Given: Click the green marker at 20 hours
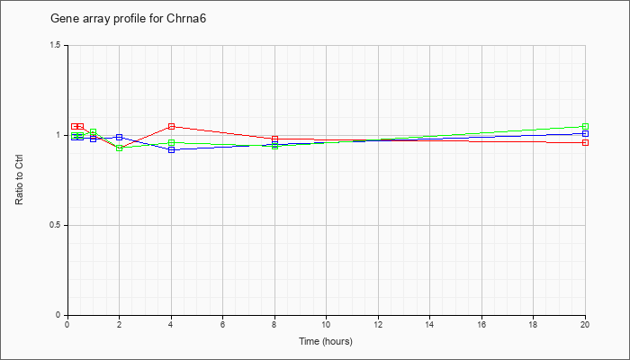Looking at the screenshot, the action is pyautogui.click(x=585, y=127).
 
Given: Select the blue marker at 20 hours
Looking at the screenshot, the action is pyautogui.click(x=585, y=134).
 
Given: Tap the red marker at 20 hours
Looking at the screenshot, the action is pyautogui.click(x=585, y=142).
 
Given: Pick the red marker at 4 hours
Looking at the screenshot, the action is pyautogui.click(x=172, y=127).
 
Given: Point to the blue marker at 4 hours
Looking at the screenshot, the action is pyautogui.click(x=172, y=150).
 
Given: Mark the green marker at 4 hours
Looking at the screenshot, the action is pyautogui.click(x=172, y=142).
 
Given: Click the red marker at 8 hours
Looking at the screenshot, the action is pyautogui.click(x=274, y=139).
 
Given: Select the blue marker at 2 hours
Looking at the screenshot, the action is pyautogui.click(x=120, y=138).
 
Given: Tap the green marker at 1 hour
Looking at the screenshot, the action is pyautogui.click(x=94, y=131).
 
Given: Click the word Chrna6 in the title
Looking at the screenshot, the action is pyautogui.click(x=186, y=19).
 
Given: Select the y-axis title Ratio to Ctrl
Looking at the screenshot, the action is pyautogui.click(x=19, y=180).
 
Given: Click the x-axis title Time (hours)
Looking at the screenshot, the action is pyautogui.click(x=326, y=341).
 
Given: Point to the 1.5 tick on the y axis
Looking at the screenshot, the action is pyautogui.click(x=67, y=45).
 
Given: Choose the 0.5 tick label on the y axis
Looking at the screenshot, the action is pyautogui.click(x=55, y=225).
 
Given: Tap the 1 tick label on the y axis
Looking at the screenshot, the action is pyautogui.click(x=58, y=135).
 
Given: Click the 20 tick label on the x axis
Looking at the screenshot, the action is pyautogui.click(x=585, y=323).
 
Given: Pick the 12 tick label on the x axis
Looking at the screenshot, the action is pyautogui.click(x=378, y=323).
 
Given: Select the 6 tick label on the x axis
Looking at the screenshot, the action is pyautogui.click(x=222, y=323).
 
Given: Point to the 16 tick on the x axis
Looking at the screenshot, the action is pyautogui.click(x=481, y=317).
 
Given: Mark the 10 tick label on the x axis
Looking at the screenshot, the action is pyautogui.click(x=326, y=323).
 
